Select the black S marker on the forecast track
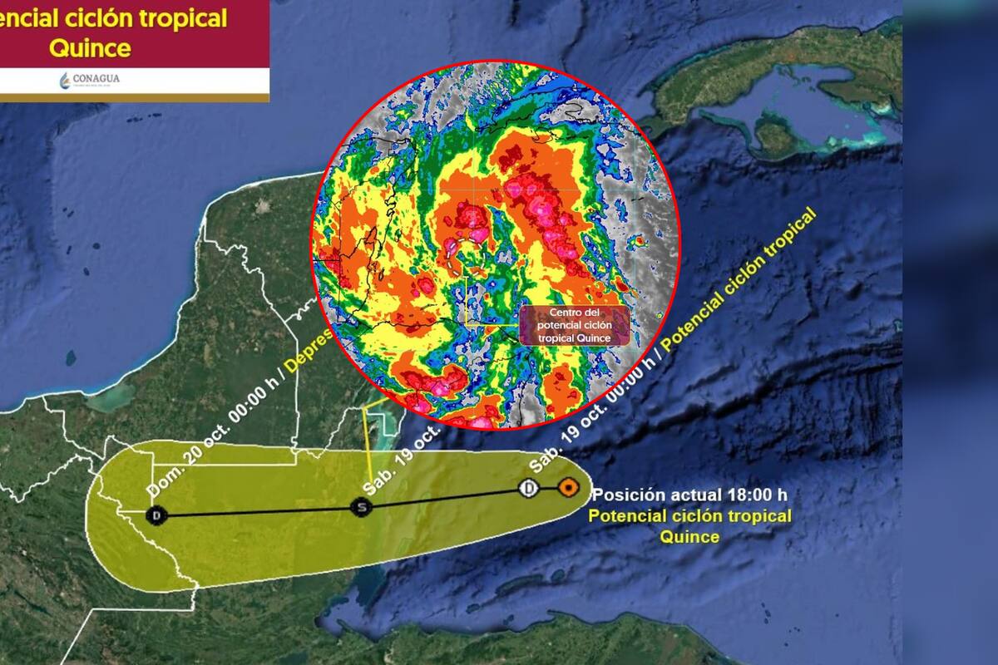pyautogui.click(x=360, y=506)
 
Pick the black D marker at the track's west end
pyautogui.click(x=156, y=515)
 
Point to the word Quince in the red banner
pyautogui.click(x=90, y=48)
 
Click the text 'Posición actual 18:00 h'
pyautogui.click(x=689, y=495)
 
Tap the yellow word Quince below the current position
pyautogui.click(x=689, y=537)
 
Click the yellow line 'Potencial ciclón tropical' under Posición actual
pyautogui.click(x=689, y=516)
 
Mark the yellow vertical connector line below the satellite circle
pyautogui.click(x=368, y=449)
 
